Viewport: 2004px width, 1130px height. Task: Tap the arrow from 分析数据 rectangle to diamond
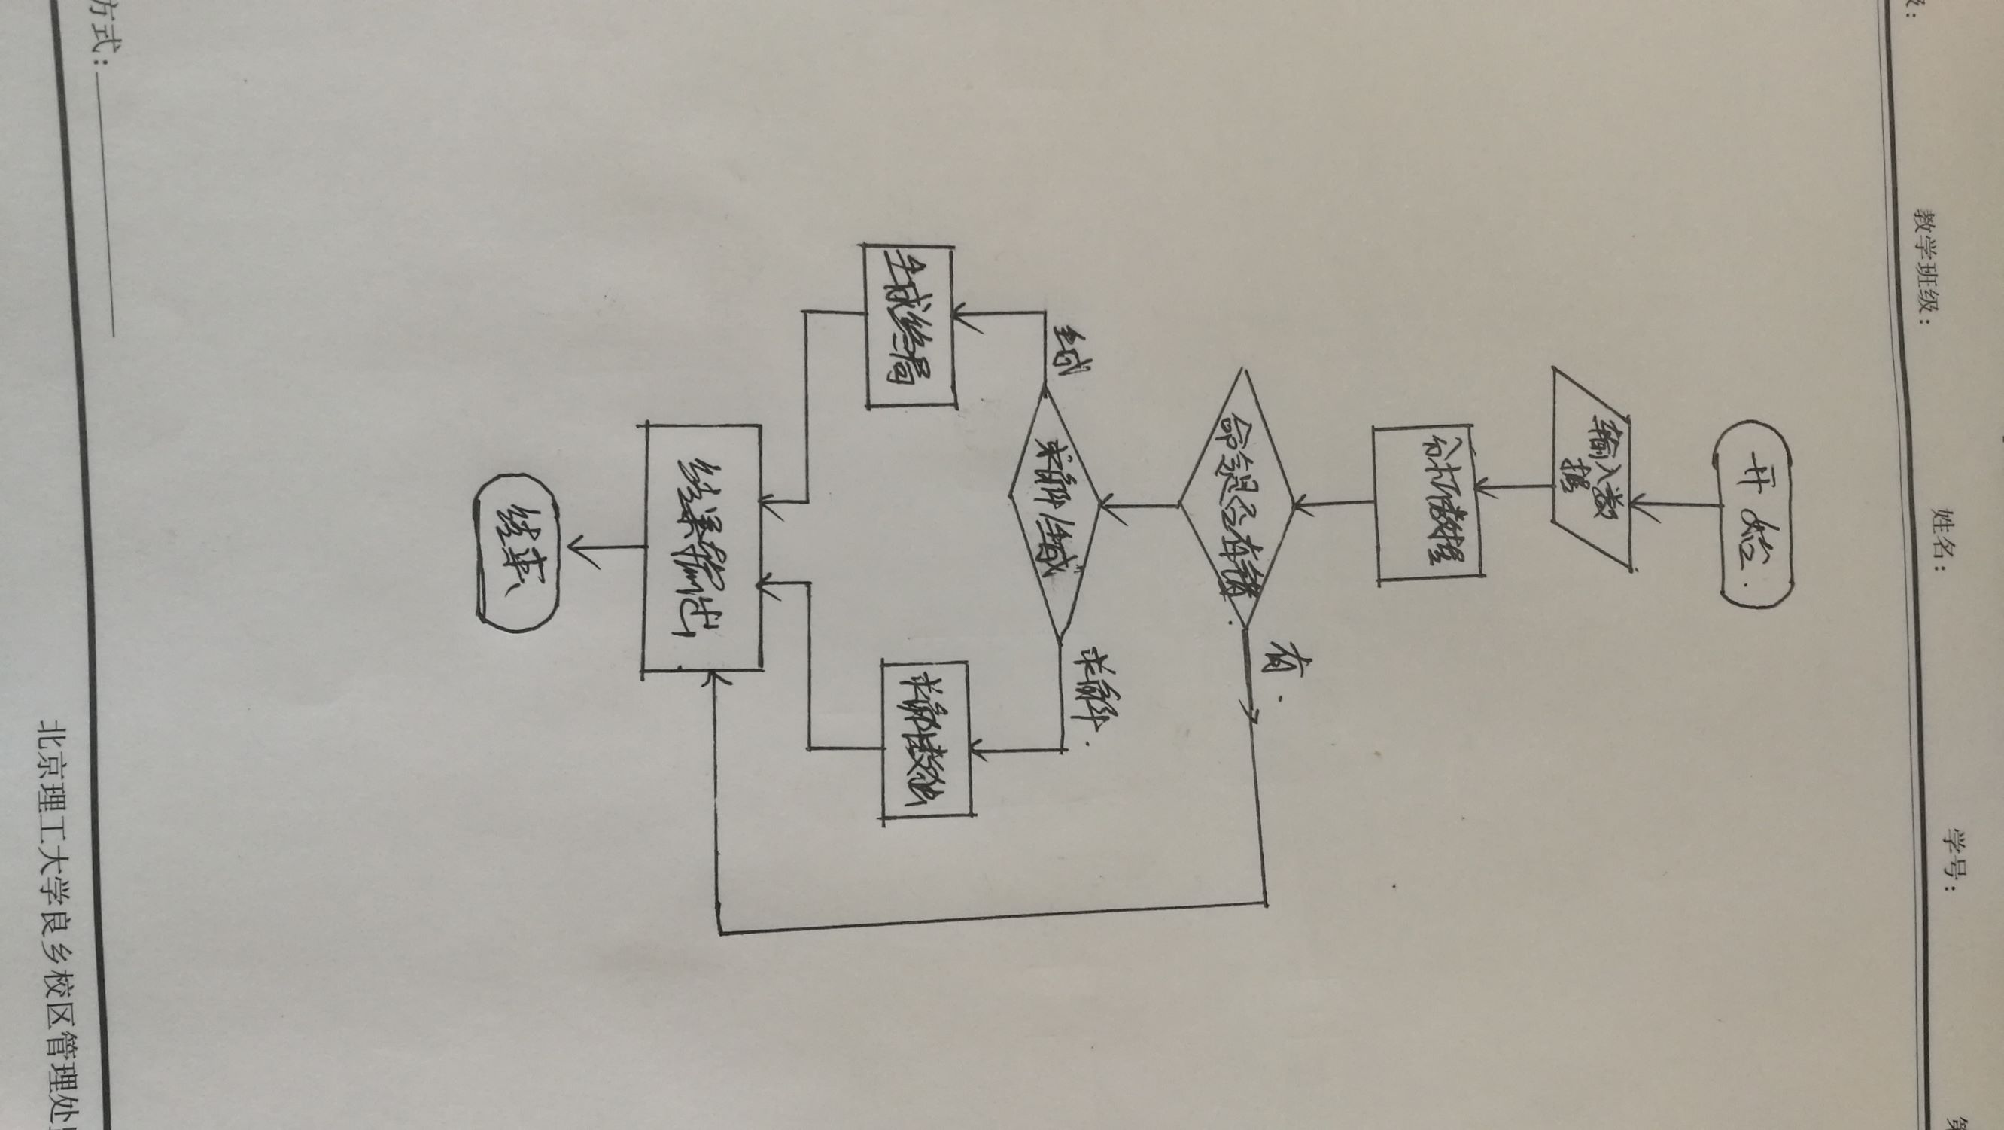tap(1334, 504)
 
